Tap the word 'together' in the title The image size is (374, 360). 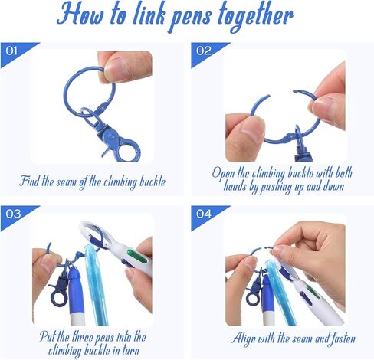click(256, 18)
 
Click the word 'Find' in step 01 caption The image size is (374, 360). click(29, 181)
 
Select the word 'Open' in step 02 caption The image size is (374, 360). click(223, 173)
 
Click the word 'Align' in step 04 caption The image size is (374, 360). click(242, 339)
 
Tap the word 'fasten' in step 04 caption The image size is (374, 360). click(343, 338)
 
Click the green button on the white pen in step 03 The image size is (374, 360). click(137, 256)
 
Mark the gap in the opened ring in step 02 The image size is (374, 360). click(281, 93)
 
